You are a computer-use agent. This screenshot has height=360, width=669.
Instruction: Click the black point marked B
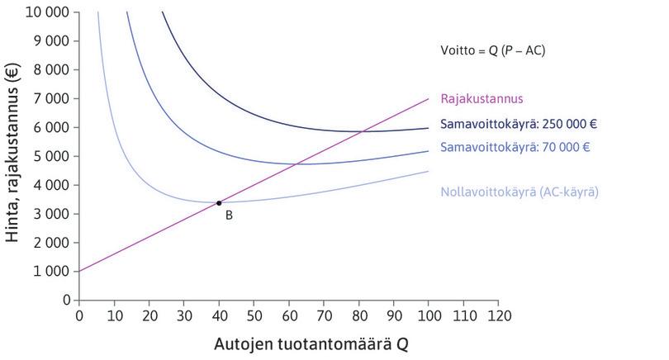coord(219,202)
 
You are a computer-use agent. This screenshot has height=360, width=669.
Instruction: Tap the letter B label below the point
coord(229,216)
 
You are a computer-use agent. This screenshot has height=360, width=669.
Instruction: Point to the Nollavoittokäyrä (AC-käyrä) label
coord(520,191)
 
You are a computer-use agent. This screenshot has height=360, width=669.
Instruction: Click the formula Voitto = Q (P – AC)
coord(492,50)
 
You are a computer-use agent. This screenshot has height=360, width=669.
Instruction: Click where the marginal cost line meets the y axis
coord(79,271)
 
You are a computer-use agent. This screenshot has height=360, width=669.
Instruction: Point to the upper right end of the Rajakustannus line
coord(429,98)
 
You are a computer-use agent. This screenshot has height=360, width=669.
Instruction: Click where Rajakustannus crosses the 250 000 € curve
coord(363,131)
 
